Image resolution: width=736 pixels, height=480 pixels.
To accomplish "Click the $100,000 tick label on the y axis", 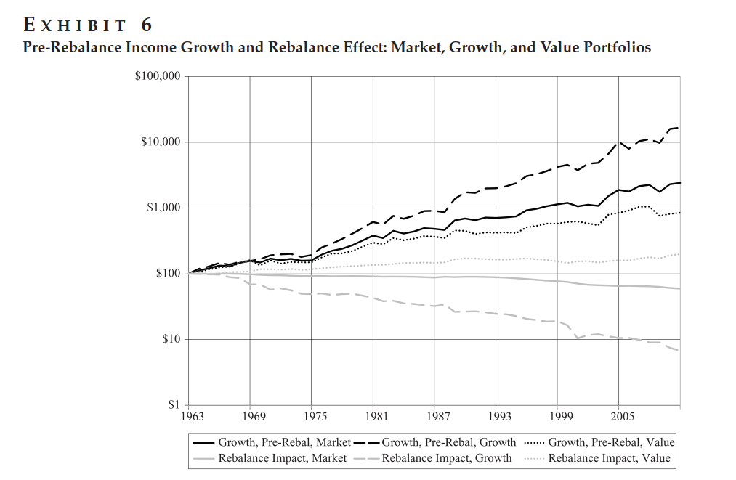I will (158, 76).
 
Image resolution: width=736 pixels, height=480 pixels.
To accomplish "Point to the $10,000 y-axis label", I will (161, 142).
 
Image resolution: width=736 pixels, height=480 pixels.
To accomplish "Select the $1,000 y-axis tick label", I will (163, 208).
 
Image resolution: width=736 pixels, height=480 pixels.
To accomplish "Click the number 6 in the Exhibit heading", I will (146, 25).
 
